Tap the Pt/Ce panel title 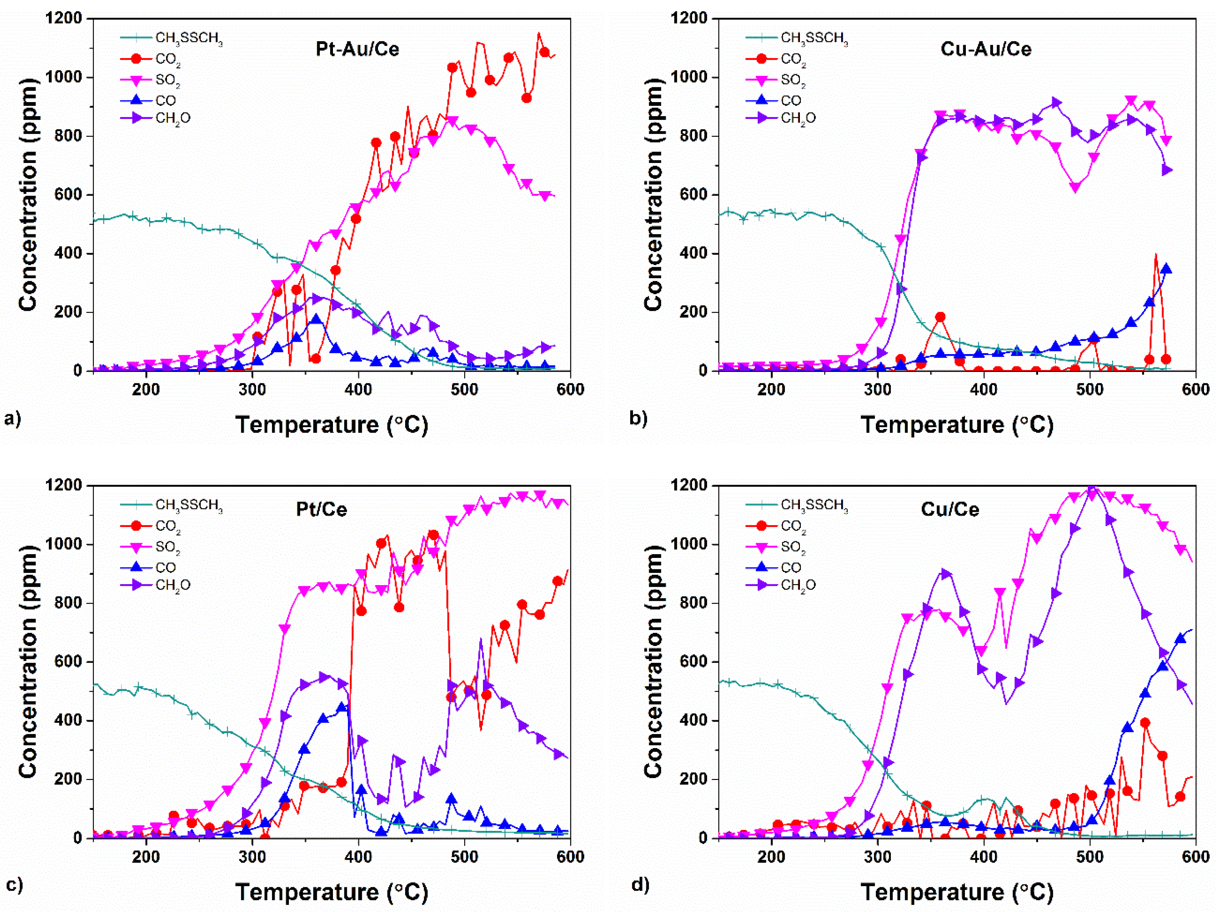point(322,509)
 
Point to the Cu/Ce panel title point(950,509)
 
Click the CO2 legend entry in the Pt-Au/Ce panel point(167,59)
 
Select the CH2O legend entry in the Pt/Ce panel point(172,585)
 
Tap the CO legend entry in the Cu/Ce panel point(791,567)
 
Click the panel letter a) point(12,419)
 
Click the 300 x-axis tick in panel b point(877,389)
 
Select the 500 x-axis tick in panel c point(465,856)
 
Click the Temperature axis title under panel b point(957,425)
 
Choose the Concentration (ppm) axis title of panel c point(27,662)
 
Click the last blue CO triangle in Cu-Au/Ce point(1166,268)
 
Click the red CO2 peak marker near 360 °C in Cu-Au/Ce point(940,317)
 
